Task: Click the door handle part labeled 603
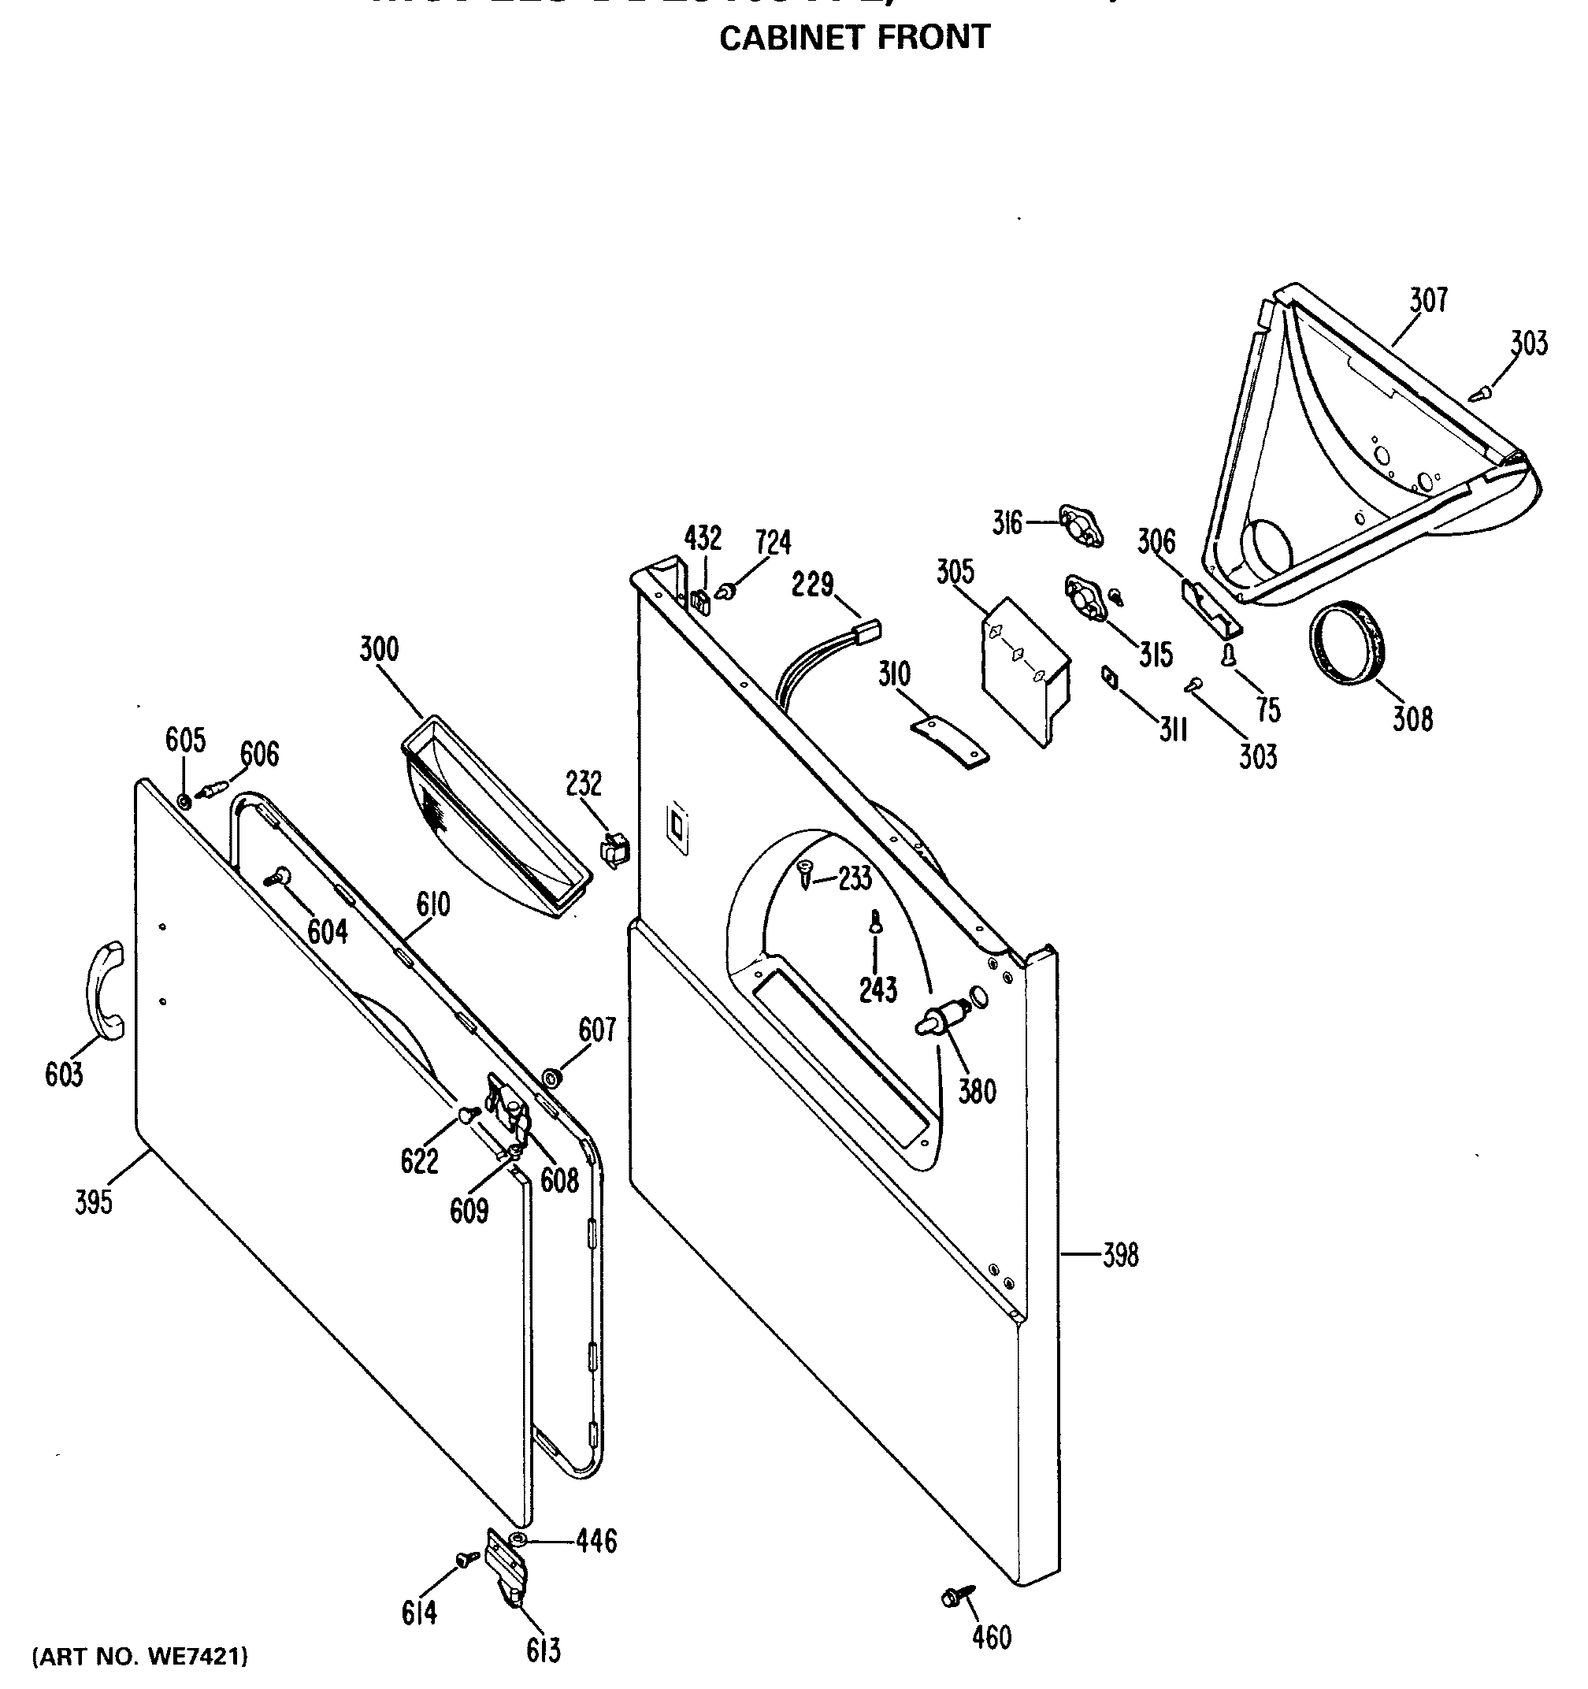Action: point(105,990)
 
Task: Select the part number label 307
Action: point(1428,301)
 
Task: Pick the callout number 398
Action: point(1120,1254)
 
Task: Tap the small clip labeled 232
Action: point(615,848)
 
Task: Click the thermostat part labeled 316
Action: point(1080,525)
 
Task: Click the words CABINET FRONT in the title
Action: point(854,37)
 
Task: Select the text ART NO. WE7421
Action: point(140,1655)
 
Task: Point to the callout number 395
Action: point(93,1201)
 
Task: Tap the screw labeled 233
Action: point(804,870)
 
